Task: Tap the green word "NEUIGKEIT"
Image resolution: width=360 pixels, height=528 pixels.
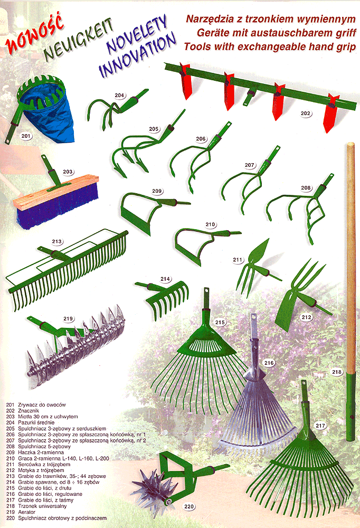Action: (79, 41)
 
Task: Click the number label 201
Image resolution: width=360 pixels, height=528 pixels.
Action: (26, 136)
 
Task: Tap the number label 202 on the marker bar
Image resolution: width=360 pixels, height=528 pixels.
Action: (306, 114)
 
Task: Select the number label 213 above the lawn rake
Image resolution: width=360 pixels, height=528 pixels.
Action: (57, 241)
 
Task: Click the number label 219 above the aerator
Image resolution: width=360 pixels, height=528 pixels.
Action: (68, 318)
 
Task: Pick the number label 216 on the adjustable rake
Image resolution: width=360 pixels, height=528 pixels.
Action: (269, 363)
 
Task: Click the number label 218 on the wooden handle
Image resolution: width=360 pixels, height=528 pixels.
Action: (337, 372)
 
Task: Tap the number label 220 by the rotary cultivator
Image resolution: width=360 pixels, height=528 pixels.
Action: (189, 506)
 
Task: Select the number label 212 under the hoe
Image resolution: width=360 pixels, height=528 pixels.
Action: (307, 317)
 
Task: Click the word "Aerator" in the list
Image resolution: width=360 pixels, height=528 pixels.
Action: (26, 512)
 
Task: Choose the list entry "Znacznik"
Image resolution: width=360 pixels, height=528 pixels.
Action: (29, 411)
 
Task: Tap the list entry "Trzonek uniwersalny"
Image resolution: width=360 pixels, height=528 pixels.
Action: (42, 506)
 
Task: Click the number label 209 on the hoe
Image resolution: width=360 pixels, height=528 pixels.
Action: (157, 191)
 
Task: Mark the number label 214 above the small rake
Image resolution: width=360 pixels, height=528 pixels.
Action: (165, 279)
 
